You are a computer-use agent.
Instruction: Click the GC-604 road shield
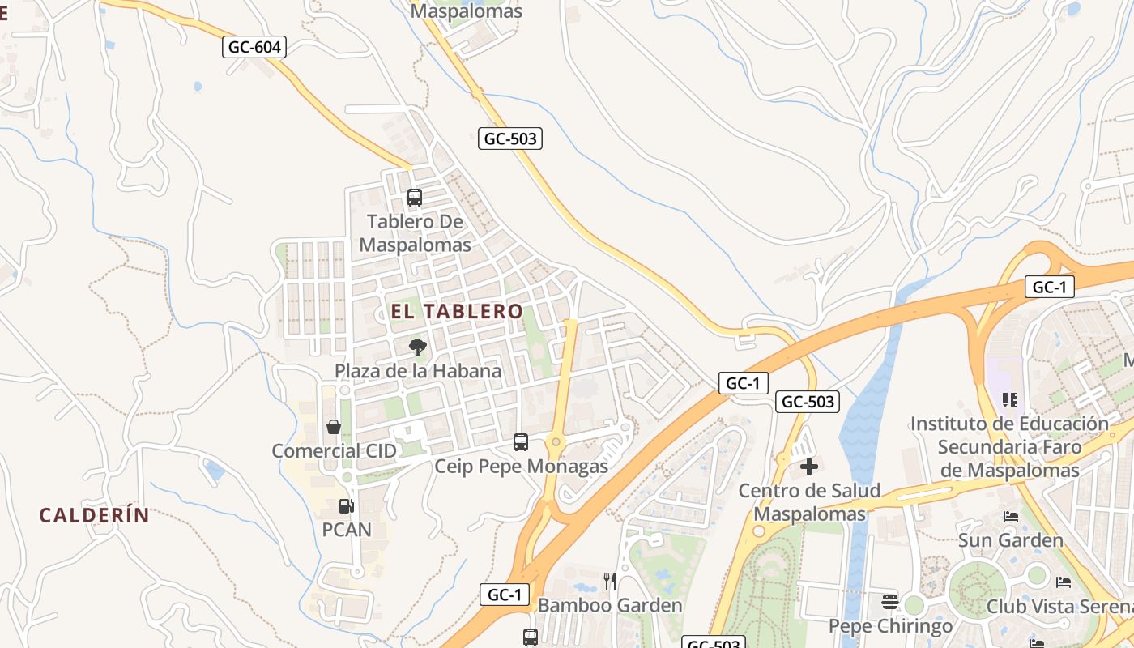254,47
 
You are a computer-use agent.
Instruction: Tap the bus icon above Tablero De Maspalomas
415,197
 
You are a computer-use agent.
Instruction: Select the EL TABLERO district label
458,311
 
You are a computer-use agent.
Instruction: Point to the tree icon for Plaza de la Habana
417,347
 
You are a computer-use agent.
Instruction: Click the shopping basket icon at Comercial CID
334,427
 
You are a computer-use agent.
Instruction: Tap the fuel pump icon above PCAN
346,506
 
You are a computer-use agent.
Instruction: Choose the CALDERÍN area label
95,515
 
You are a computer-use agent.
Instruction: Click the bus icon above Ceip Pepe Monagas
521,442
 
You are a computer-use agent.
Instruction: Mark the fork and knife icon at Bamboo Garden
610,581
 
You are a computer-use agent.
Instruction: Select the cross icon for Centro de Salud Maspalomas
809,467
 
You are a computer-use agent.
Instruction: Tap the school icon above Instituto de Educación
1009,399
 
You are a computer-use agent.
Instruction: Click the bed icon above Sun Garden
1011,516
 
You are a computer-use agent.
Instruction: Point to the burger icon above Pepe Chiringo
890,601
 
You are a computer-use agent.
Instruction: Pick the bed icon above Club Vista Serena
1064,582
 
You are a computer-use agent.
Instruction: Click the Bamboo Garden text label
610,605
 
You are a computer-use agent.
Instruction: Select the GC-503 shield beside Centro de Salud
807,401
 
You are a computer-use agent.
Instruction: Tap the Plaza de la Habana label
418,371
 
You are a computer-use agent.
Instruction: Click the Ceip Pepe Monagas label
521,466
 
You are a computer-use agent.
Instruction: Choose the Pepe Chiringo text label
890,626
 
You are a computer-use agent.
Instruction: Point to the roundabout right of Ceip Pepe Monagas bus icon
556,442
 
